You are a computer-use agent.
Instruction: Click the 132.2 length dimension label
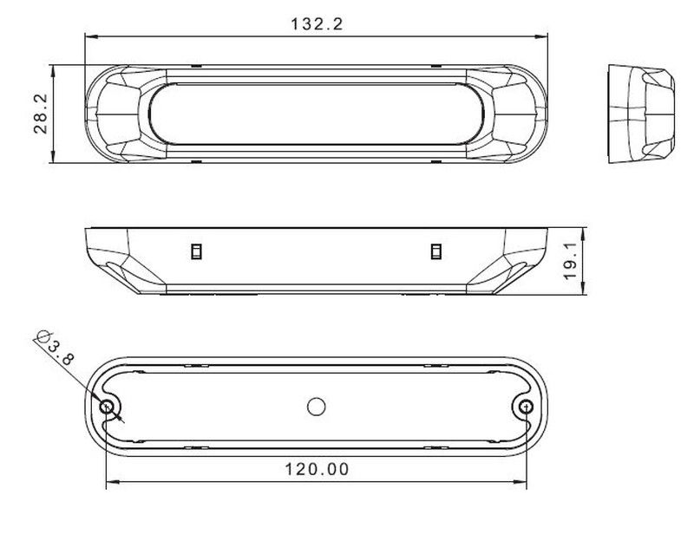(317, 24)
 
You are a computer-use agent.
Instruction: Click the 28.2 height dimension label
(41, 114)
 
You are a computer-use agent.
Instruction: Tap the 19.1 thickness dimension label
(571, 260)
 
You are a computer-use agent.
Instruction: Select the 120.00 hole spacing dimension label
(317, 469)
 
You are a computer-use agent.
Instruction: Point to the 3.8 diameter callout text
(61, 353)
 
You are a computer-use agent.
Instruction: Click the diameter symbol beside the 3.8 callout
(43, 336)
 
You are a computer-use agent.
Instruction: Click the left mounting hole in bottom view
(107, 407)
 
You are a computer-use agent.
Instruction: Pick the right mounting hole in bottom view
(526, 407)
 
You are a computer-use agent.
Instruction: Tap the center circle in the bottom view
(316, 407)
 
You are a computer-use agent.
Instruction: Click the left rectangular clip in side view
(196, 251)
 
